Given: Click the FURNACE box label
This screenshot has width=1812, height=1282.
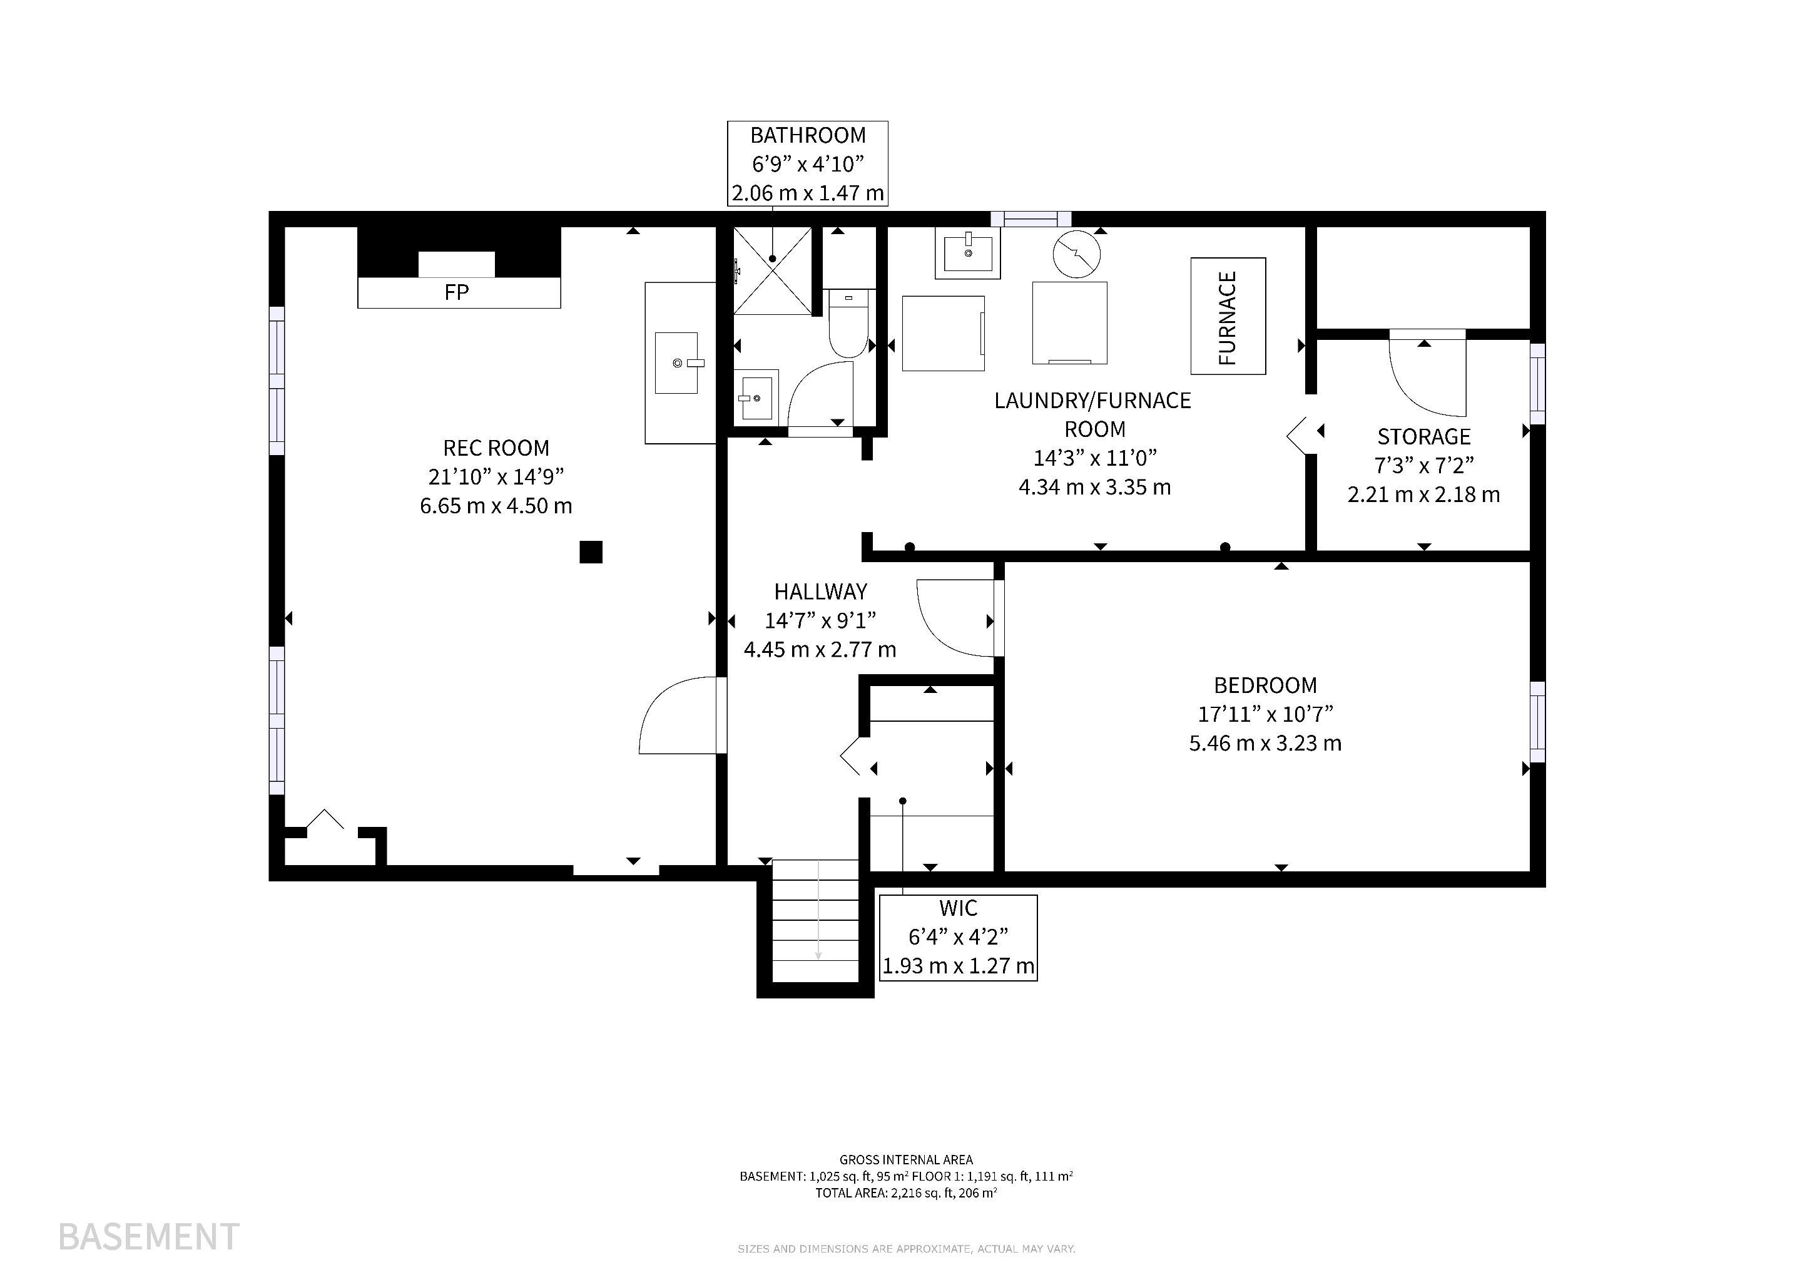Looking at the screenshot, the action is point(1228,317).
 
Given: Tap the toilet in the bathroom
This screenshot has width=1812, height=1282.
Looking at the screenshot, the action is point(848,323).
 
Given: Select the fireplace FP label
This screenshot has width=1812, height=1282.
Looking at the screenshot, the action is point(457,293).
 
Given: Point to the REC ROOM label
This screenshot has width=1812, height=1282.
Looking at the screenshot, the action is point(496,448).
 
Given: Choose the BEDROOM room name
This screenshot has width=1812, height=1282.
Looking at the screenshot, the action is point(1265,685).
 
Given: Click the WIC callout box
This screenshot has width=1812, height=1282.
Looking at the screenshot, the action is point(958,938).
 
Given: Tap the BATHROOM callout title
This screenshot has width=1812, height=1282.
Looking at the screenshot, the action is point(807,135).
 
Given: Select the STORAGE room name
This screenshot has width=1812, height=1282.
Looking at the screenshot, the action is point(1423,436).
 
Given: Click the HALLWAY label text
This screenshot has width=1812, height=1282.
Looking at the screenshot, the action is point(820,592).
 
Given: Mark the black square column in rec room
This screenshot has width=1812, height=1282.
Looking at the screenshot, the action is point(591,551).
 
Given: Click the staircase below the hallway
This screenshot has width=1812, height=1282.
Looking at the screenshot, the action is point(815,920).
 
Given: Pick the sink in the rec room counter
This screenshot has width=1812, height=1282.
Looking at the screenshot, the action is point(676,362).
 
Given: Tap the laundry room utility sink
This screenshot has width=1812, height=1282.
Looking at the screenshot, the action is point(967,253).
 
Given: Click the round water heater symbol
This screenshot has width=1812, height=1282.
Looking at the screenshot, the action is point(1076,254).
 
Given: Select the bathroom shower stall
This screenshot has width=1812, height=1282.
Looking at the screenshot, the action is point(773,271).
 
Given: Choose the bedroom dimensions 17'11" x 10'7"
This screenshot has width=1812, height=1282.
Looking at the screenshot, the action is point(1265,714).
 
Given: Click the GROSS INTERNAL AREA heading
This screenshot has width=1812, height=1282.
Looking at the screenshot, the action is point(906,1160).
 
